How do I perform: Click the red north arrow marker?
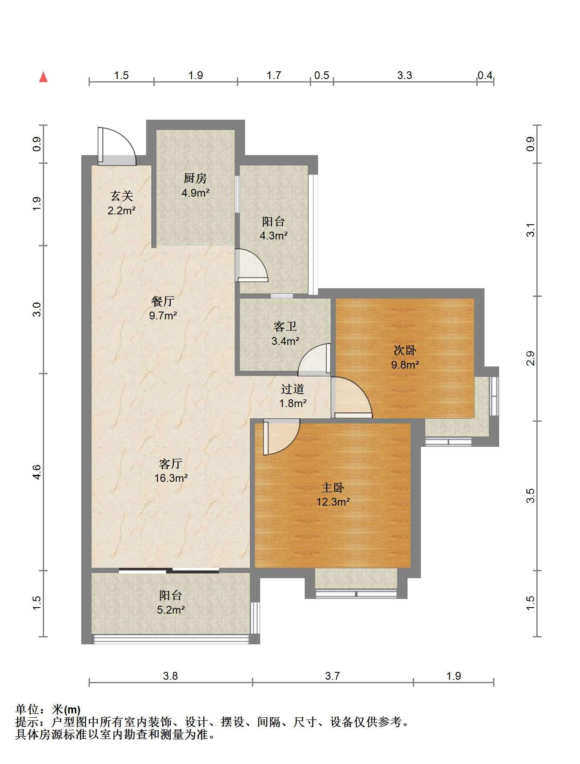click(43, 77)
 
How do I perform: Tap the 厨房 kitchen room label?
click(195, 178)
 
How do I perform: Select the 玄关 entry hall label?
click(122, 196)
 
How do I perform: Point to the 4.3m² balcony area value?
click(274, 236)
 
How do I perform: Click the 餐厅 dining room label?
click(163, 301)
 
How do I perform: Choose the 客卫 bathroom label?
click(285, 326)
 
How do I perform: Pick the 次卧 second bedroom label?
click(405, 350)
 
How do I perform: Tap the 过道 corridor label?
click(293, 389)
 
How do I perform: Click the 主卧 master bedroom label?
click(333, 487)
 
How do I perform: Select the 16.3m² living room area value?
click(171, 478)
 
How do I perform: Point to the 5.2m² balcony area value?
click(171, 610)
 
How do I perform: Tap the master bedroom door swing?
click(281, 437)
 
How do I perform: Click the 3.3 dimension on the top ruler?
click(405, 76)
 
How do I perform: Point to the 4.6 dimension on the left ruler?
click(37, 471)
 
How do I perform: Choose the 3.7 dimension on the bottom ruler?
click(332, 675)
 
